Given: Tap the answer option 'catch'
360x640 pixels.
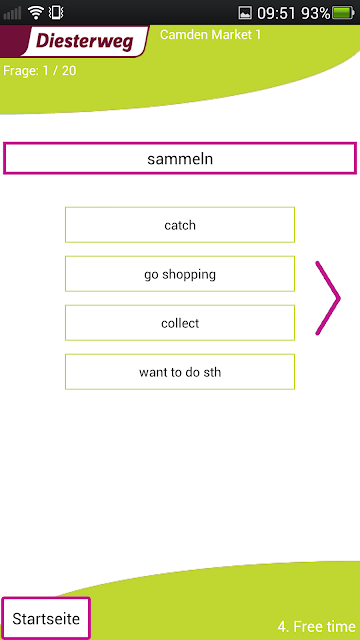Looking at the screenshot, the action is pyautogui.click(x=180, y=225).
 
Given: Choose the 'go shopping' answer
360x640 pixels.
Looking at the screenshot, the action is pyautogui.click(x=180, y=274).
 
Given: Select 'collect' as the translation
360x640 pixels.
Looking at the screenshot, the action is pyautogui.click(x=180, y=323).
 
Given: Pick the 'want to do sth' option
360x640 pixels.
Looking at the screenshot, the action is pyautogui.click(x=180, y=372).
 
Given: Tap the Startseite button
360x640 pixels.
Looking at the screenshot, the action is pyautogui.click(x=46, y=619).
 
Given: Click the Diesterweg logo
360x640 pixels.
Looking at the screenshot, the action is pyautogui.click(x=84, y=41).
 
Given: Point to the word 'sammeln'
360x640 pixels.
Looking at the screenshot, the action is pyautogui.click(x=180, y=159).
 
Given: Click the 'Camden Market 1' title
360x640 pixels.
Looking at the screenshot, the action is pyautogui.click(x=210, y=35).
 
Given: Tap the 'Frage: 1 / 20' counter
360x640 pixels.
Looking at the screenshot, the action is pyautogui.click(x=40, y=71).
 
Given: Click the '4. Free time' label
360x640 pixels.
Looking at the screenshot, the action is pyautogui.click(x=316, y=626).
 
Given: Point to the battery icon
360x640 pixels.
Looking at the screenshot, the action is pyautogui.click(x=343, y=13).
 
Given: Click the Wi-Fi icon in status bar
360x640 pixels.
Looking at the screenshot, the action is pyautogui.click(x=36, y=13).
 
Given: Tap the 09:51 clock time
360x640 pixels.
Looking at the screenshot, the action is pyautogui.click(x=276, y=13).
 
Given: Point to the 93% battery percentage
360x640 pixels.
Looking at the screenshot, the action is pyautogui.click(x=316, y=13).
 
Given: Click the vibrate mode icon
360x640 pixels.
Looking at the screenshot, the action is pyautogui.click(x=56, y=13).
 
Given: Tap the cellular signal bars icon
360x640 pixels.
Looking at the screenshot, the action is pyautogui.click(x=12, y=13).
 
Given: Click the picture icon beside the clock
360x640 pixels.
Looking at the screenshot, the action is pyautogui.click(x=245, y=13).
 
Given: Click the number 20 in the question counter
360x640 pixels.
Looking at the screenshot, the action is pyautogui.click(x=69, y=71).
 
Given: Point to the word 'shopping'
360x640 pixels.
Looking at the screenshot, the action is pyautogui.click(x=189, y=275).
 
